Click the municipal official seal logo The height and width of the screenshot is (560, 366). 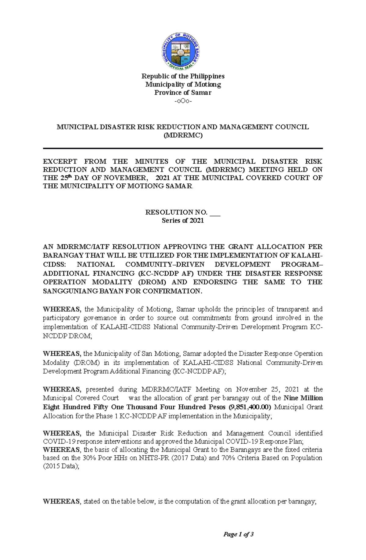coord(181,51)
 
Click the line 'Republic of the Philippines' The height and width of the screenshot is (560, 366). coord(183,76)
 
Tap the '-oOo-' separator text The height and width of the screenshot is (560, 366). coord(183,101)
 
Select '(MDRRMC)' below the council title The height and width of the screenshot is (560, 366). coord(183,135)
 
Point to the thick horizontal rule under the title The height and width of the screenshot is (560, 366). coord(183,148)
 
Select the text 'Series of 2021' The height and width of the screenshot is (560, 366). coord(183,220)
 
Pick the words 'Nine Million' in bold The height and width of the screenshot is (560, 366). coord(303,398)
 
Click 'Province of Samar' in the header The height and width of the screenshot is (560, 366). coord(183,92)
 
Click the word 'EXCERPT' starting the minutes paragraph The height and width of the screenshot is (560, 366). coord(60,161)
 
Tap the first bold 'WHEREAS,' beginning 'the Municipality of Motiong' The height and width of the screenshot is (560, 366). coord(62,309)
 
